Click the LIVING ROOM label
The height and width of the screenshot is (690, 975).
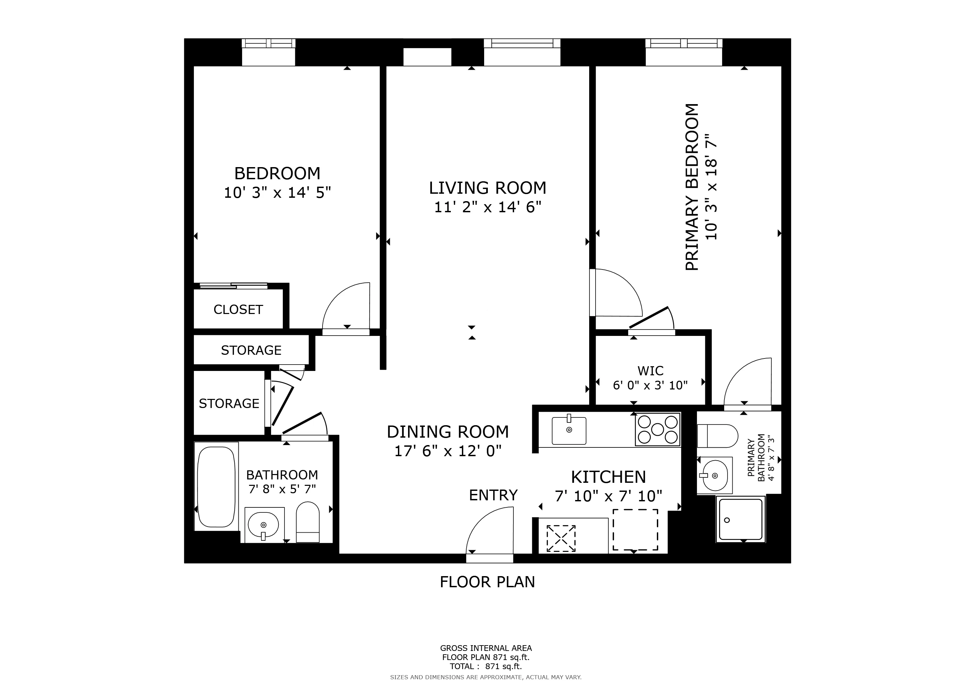click(487, 188)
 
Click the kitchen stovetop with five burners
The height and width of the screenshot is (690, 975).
click(658, 430)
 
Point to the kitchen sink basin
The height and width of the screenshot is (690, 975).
click(569, 430)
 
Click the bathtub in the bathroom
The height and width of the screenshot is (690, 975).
click(216, 487)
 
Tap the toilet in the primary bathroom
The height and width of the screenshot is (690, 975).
click(718, 436)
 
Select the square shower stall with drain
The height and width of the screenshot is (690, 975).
click(741, 519)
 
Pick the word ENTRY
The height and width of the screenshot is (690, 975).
click(493, 495)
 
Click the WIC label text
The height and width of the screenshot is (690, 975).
click(650, 371)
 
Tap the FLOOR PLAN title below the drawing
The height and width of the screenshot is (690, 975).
click(487, 582)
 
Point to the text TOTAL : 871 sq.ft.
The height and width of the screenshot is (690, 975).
click(485, 666)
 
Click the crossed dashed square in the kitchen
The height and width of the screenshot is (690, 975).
click(561, 538)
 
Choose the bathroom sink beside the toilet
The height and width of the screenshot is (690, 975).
click(263, 525)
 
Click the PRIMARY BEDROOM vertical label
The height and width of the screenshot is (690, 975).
click(692, 187)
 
